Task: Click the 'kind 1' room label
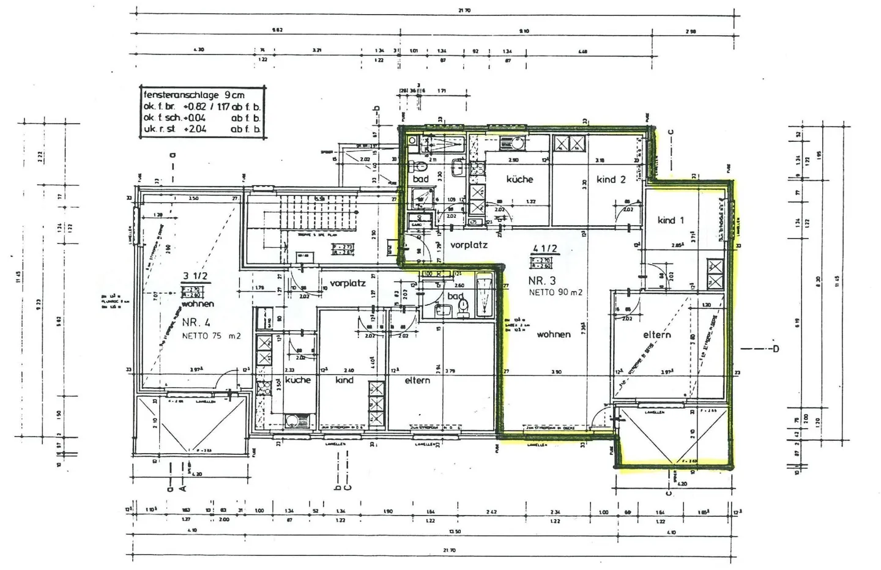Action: point(671,220)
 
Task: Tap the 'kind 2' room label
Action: point(611,179)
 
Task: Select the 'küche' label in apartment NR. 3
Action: point(519,179)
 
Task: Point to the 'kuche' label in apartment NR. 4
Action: point(298,380)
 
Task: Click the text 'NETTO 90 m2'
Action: point(555,292)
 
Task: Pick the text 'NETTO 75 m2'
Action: point(211,336)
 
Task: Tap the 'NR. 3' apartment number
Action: point(542,281)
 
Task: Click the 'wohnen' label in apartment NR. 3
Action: point(554,335)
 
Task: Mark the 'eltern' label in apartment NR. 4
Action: point(417,380)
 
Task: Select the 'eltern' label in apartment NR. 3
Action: point(657,335)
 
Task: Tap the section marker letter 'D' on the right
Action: point(775,349)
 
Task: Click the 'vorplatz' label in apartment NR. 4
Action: point(348,283)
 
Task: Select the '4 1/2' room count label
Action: point(545,249)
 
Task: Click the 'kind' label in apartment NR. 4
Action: point(344,380)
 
